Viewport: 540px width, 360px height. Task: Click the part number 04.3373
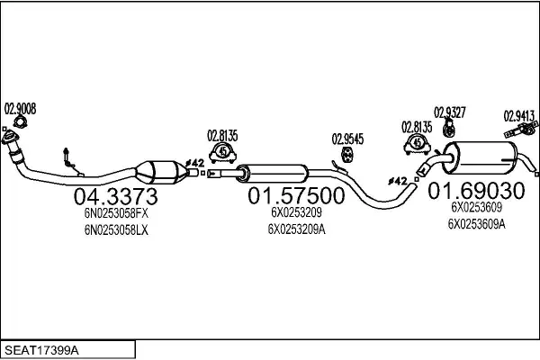[115, 196]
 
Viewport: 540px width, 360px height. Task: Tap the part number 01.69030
[476, 192]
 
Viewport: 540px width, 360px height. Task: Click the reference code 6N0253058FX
[115, 215]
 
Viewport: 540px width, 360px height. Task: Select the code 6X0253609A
[476, 224]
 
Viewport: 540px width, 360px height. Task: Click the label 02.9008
[20, 109]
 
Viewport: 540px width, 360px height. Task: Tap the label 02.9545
[347, 139]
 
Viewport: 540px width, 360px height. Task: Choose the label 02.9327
[450, 112]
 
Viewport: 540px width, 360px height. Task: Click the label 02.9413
[519, 115]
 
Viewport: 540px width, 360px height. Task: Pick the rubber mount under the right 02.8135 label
[418, 144]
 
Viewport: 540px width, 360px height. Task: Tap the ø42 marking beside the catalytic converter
[194, 164]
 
